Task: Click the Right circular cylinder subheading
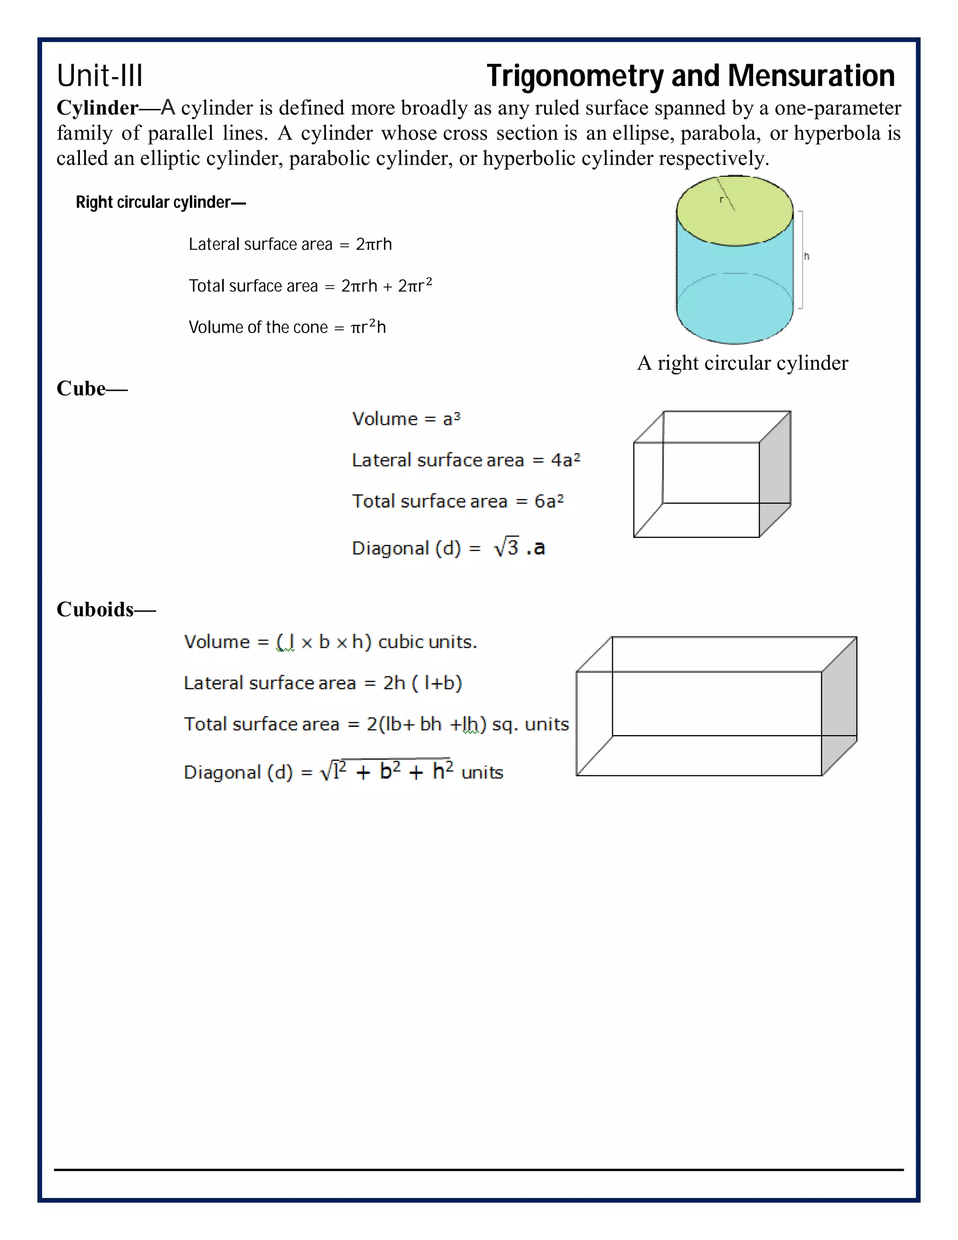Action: coord(160,202)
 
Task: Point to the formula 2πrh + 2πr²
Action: coord(386,285)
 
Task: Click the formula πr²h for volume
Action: coord(368,327)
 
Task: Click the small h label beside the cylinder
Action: coord(806,256)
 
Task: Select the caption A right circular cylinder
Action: coord(742,363)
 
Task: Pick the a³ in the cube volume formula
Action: coord(452,419)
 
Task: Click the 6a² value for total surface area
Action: coord(549,501)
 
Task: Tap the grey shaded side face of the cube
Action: coord(775,474)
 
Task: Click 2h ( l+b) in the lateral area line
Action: coord(422,682)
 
